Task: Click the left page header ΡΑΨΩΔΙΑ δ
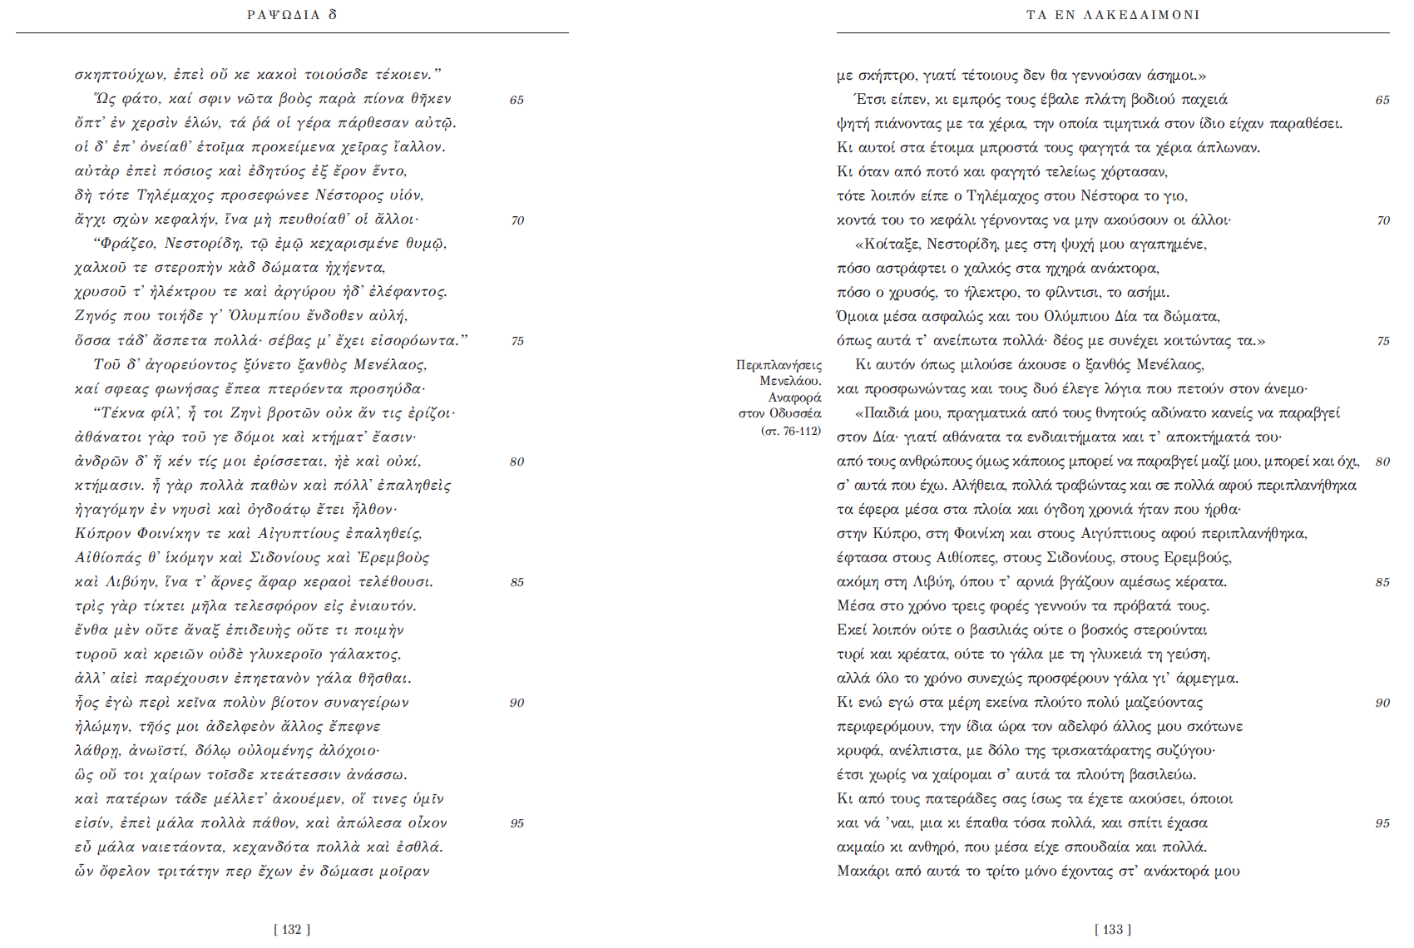coord(292,15)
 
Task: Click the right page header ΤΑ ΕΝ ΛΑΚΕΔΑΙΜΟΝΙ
coord(1113,15)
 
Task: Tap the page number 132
coord(292,930)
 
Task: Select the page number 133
coord(1113,930)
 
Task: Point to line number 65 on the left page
coord(517,100)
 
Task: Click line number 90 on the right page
coord(1382,703)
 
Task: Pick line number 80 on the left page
coord(517,462)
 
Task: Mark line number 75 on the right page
coord(1382,341)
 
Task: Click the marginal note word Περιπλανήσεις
coord(779,365)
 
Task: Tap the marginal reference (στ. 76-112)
coord(790,431)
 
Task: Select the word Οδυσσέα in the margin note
coord(795,413)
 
